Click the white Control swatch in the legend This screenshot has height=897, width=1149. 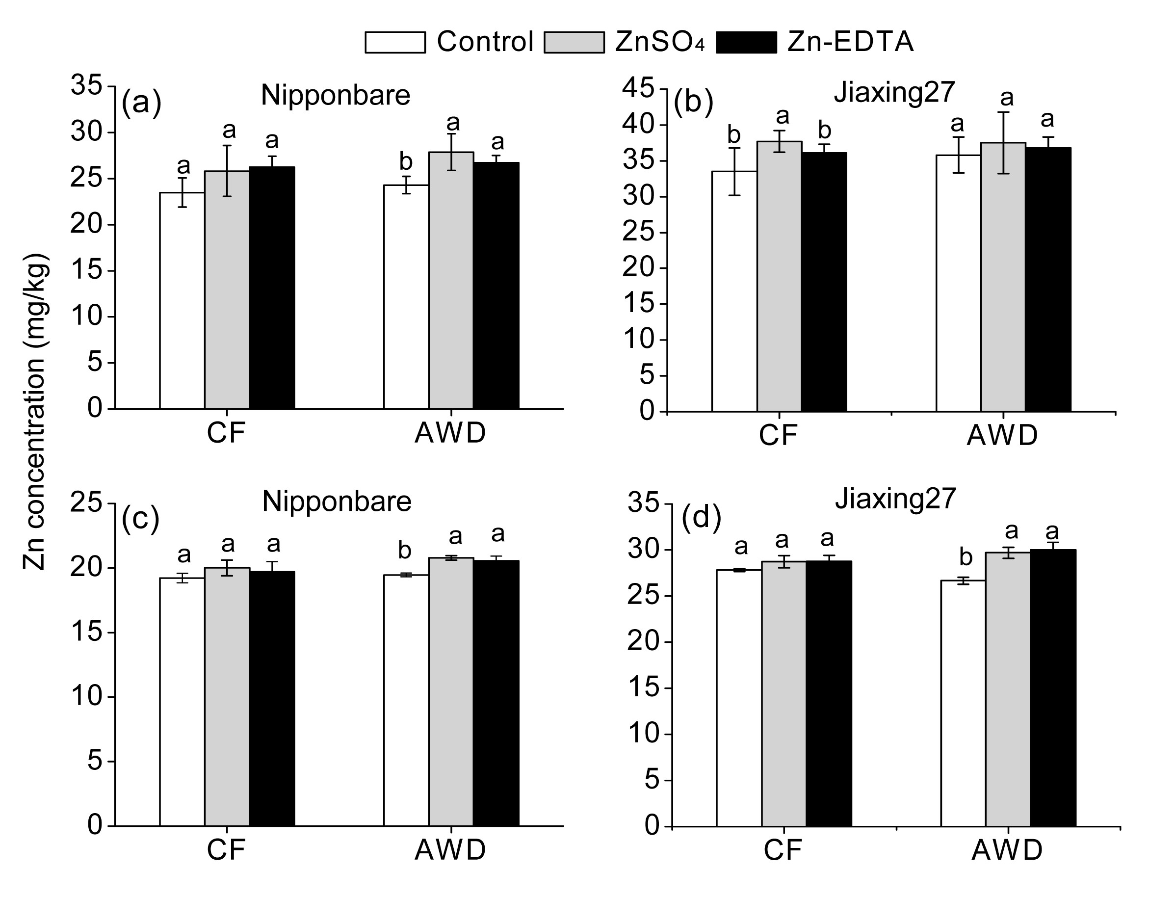coord(395,43)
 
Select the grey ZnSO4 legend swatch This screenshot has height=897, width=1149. coord(574,43)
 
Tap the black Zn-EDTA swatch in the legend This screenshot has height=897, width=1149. coord(746,43)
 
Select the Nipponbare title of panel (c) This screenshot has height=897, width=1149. coord(337,501)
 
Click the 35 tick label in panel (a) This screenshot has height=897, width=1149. coord(86,86)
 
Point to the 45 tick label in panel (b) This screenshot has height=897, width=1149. coord(638,88)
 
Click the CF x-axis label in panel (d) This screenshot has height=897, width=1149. coord(783,850)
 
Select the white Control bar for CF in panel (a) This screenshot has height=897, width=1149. coord(182,300)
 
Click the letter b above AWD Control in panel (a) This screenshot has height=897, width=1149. coord(406,161)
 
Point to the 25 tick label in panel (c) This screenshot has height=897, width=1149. coord(86,503)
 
